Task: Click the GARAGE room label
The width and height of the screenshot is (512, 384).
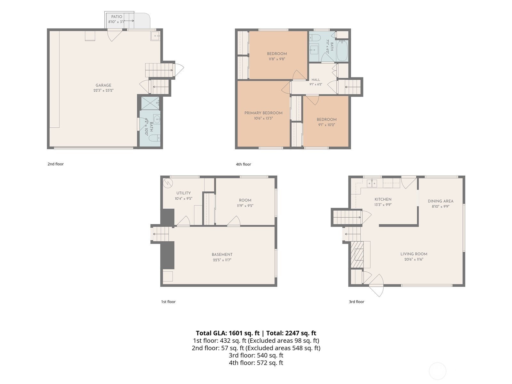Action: click(x=103, y=85)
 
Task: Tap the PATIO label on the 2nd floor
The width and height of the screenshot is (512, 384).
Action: click(x=116, y=17)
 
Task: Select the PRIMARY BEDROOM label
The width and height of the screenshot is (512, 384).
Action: click(x=263, y=113)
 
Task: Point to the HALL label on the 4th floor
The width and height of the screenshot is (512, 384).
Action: click(x=316, y=80)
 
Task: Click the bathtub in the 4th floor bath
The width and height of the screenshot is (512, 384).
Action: click(x=342, y=51)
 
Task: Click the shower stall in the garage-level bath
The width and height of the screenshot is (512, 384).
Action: click(x=150, y=103)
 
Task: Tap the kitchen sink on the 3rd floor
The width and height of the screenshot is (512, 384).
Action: click(x=372, y=183)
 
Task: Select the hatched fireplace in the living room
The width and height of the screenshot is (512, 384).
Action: click(x=357, y=254)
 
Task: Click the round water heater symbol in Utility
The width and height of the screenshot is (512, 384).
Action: click(x=168, y=183)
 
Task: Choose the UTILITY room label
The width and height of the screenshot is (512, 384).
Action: click(x=184, y=193)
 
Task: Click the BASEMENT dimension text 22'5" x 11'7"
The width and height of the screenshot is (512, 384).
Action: click(x=222, y=260)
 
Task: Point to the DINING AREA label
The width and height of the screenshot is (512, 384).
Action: click(x=441, y=201)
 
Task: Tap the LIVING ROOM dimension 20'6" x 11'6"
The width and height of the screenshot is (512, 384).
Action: click(x=414, y=259)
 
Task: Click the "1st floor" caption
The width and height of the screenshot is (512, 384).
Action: click(x=168, y=302)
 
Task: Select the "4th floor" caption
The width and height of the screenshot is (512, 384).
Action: click(x=244, y=164)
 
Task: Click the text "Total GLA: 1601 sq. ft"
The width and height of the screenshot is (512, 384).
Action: click(x=228, y=333)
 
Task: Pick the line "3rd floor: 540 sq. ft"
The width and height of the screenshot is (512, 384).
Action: click(x=256, y=355)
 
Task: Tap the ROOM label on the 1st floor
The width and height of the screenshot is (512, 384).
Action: click(x=245, y=200)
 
